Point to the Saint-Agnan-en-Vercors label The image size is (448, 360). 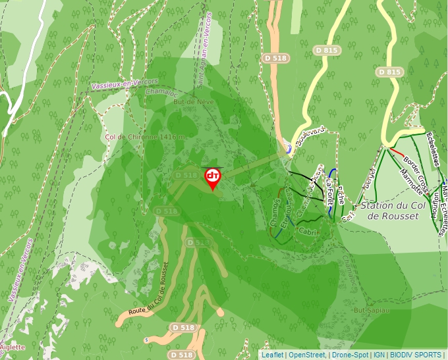[202, 49]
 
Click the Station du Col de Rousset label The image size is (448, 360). [389, 211]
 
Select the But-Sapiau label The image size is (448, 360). [371, 309]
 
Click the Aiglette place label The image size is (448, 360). [13, 347]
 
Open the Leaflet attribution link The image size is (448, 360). [272, 355]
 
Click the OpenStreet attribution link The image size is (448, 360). [306, 355]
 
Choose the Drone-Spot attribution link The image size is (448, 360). [350, 355]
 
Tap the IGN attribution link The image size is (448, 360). [379, 355]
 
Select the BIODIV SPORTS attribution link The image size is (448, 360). [416, 355]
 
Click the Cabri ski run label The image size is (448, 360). [308, 232]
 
